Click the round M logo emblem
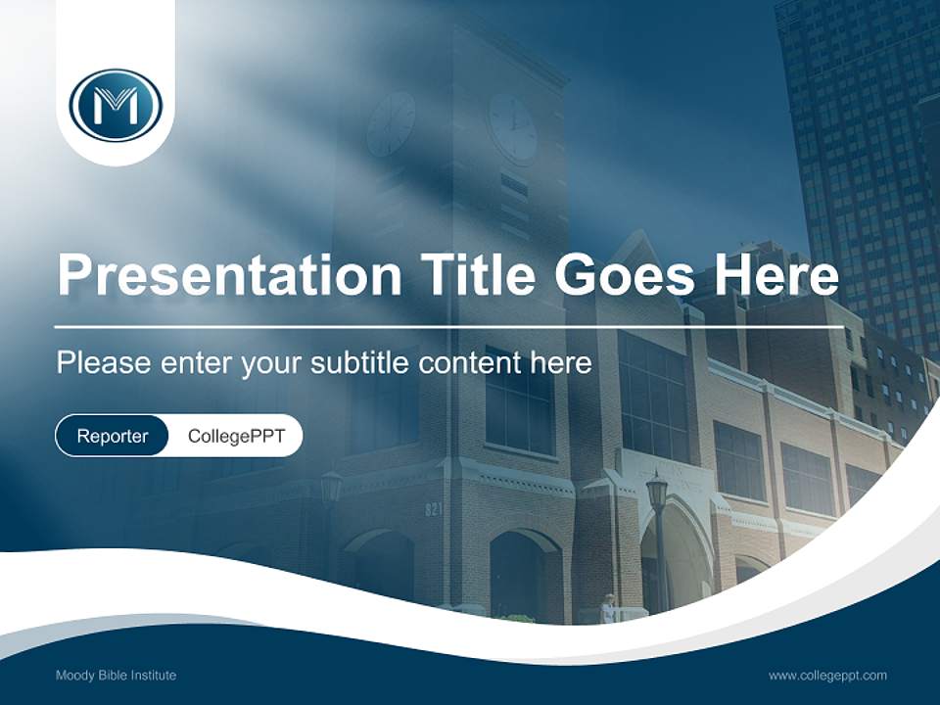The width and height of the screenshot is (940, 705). (116, 105)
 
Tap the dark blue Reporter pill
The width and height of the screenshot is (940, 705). (113, 436)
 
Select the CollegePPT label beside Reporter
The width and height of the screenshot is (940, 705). (236, 436)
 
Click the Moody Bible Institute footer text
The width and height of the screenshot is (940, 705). (116, 675)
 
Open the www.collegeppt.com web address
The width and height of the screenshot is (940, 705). (827, 675)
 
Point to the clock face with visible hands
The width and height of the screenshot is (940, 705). (513, 127)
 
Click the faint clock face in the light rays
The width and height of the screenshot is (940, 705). (391, 123)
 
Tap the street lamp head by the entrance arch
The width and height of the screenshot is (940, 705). (656, 490)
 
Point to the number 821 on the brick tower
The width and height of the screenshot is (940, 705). (434, 509)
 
